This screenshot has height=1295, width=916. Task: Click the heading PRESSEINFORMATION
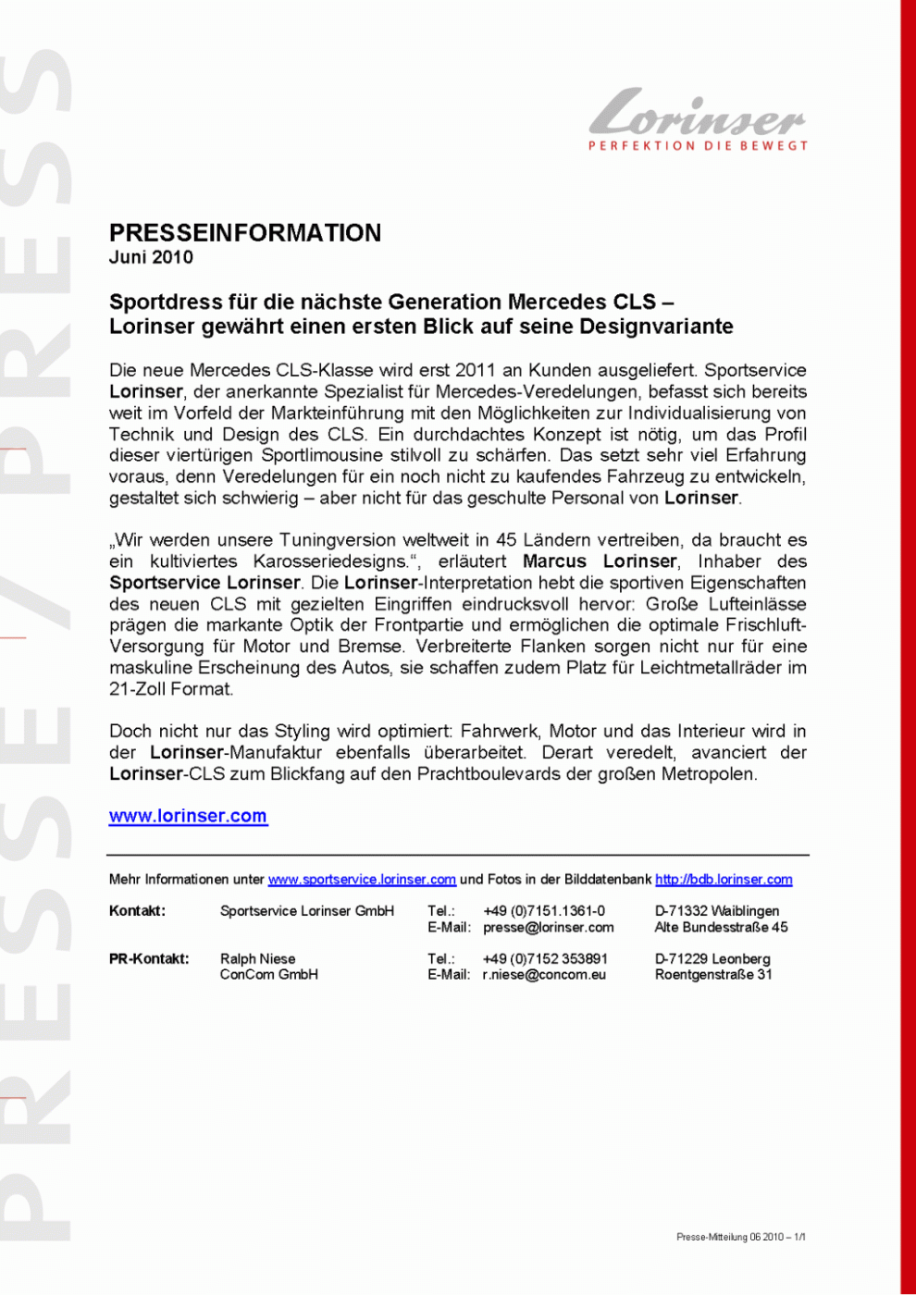[245, 232]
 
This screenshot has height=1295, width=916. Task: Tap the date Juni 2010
[151, 258]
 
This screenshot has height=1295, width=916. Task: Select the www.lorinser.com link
[188, 816]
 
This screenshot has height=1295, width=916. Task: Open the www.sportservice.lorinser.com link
[362, 880]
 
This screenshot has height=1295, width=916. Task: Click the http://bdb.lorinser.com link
[724, 880]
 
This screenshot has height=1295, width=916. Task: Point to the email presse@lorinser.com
[548, 927]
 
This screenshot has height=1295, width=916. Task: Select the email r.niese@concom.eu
[544, 974]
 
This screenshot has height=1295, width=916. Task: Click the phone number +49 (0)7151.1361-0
[544, 911]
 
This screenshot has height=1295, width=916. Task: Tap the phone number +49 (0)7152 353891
[545, 958]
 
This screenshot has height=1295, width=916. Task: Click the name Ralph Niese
[258, 958]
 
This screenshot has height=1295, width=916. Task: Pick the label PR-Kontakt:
[149, 958]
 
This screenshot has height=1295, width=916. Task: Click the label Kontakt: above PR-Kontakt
[138, 911]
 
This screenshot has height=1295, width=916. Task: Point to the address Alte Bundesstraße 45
[722, 927]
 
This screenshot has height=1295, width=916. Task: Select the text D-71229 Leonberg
[712, 958]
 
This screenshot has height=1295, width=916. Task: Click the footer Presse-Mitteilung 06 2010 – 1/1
[740, 1237]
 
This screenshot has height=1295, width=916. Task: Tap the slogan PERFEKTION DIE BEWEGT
[699, 146]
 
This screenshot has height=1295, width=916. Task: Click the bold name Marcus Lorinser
[600, 561]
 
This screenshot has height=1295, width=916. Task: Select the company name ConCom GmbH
[269, 974]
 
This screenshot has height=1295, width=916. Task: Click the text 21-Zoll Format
[171, 689]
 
